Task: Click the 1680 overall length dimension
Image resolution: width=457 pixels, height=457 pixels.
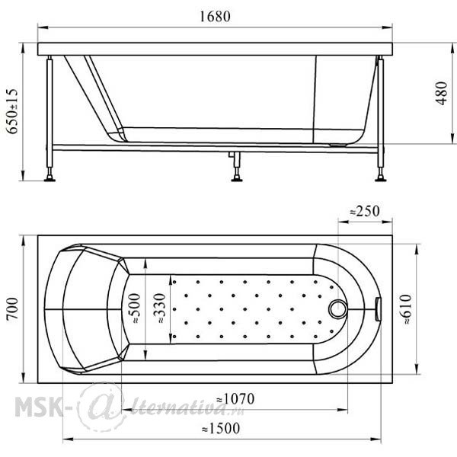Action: point(215,16)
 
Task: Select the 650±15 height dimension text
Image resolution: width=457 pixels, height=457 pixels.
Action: point(12,111)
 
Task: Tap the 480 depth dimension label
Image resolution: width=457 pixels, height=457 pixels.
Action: point(442,93)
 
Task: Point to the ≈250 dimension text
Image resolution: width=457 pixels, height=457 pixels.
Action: point(365,211)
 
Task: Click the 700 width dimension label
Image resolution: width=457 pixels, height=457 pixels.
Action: point(12,309)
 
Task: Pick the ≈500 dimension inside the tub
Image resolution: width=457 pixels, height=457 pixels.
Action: point(134,308)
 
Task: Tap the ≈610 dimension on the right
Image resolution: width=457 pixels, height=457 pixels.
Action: point(405,309)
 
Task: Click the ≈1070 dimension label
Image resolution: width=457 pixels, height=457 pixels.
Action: point(235,398)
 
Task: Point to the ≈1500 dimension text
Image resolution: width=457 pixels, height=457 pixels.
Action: point(221,428)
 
